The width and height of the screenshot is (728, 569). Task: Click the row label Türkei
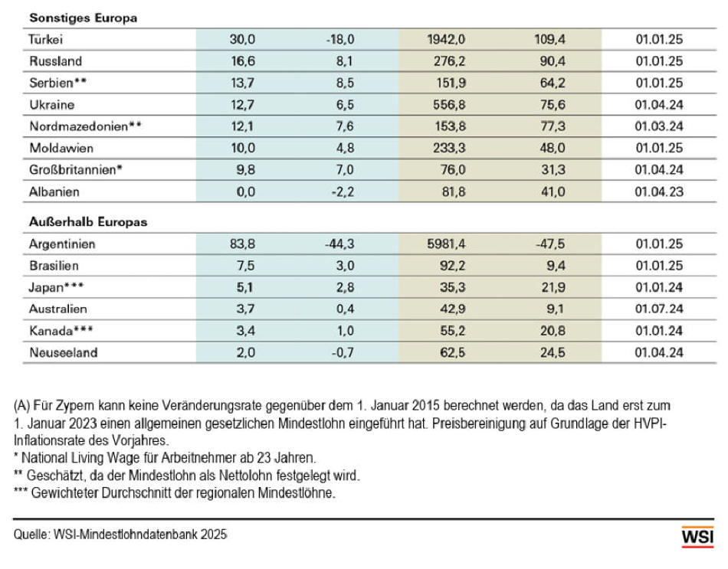45,39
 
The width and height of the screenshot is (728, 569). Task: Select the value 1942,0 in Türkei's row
446,39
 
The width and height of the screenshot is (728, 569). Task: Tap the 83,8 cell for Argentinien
242,244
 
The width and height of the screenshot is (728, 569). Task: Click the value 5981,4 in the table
446,244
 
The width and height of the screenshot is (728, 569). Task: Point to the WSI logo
697,537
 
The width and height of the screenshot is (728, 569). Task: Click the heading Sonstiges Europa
83,18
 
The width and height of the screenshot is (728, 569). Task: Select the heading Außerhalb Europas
88,222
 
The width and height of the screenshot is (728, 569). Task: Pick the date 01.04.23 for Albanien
659,191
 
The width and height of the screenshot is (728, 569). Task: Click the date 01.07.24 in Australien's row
659,309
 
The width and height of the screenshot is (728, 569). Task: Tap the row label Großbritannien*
76,170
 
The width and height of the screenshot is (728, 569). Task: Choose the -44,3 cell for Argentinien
339,244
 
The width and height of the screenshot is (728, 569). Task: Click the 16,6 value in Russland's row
243,60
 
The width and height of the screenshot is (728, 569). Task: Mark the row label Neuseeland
63,352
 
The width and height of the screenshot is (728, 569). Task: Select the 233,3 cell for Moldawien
449,148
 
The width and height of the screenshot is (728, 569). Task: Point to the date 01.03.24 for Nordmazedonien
659,126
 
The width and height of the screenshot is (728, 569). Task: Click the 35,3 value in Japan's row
452,287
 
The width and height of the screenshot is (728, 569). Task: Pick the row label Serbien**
57,83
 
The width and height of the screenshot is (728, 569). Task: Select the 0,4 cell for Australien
345,309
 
